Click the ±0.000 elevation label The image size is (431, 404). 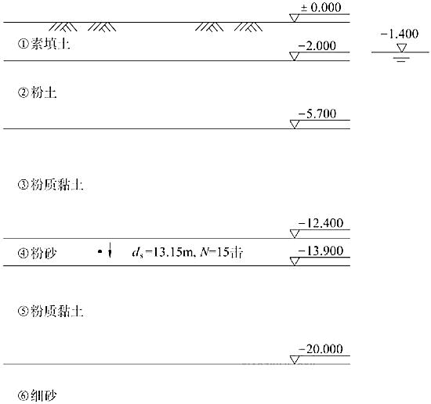(321, 7)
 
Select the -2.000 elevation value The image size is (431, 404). (317, 45)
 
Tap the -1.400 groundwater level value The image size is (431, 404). (400, 34)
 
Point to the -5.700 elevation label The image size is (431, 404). (317, 114)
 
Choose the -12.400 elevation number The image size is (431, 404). (321, 223)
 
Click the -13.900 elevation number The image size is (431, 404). (321, 251)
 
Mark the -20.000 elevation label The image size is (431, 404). (321, 349)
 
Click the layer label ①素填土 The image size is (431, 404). (44, 44)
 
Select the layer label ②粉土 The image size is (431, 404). (37, 92)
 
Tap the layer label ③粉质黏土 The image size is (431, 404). (51, 185)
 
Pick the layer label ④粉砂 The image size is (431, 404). (37, 253)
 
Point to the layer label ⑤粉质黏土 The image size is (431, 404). (51, 311)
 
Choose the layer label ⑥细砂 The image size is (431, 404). (37, 395)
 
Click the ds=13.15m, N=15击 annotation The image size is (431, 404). (187, 252)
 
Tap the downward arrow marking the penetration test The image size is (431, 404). (110, 251)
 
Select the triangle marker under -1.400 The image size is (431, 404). (401, 48)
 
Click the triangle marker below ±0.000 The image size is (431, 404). (294, 18)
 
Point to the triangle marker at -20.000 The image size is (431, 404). (295, 360)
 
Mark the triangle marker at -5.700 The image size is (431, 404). (295, 124)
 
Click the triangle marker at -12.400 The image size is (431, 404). (295, 234)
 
